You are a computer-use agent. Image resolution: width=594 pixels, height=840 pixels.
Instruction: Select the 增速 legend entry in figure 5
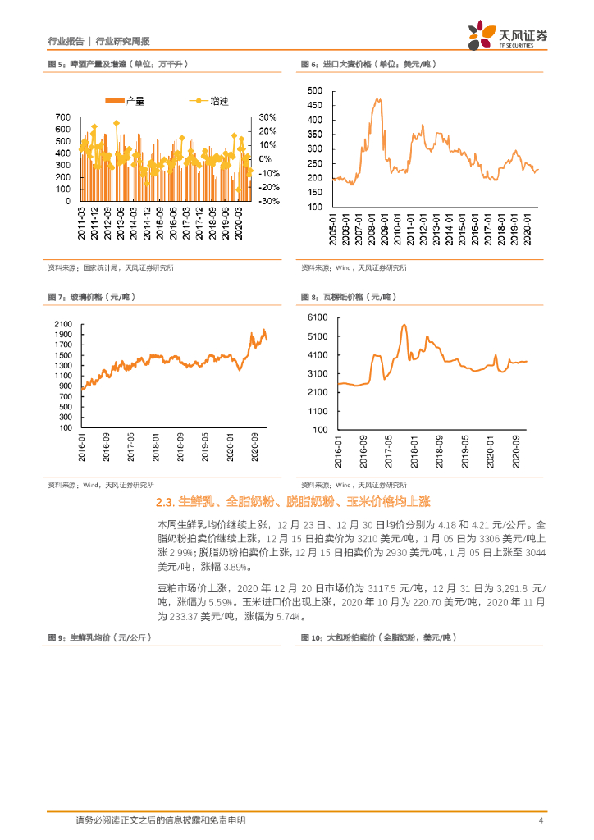click(x=211, y=102)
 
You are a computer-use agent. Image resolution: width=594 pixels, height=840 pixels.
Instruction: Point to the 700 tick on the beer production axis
click(x=62, y=117)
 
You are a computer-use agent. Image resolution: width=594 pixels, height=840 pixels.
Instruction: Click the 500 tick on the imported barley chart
click(x=315, y=91)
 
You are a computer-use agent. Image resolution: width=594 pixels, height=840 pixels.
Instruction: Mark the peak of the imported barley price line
click(x=378, y=99)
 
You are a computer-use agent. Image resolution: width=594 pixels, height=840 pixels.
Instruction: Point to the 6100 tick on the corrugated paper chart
click(x=317, y=317)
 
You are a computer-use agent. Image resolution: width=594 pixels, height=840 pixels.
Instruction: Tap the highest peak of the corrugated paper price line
click(x=404, y=325)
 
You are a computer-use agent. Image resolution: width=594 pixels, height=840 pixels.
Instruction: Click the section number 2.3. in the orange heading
click(x=165, y=501)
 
